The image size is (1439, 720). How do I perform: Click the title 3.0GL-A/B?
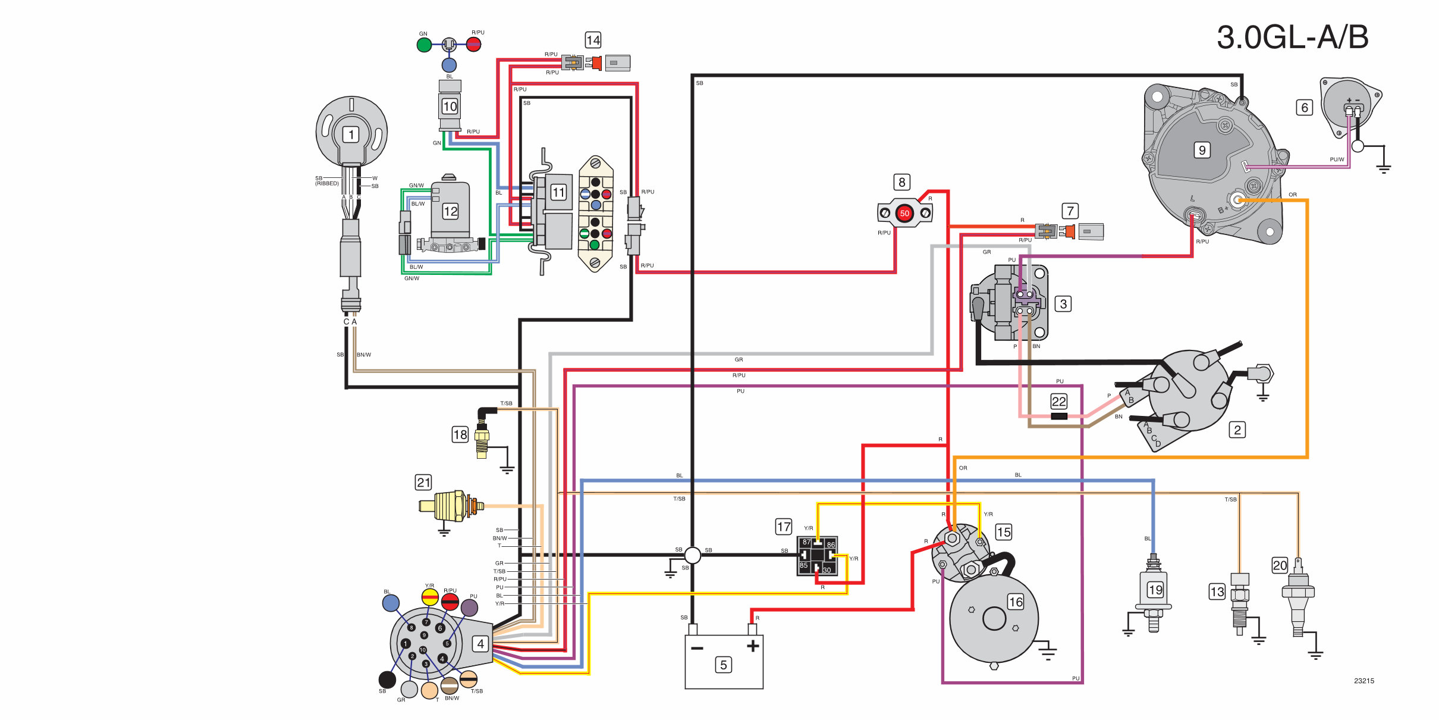(x=1292, y=37)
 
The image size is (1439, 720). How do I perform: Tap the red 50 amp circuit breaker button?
(x=904, y=213)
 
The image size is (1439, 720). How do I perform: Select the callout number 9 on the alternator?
(x=1202, y=150)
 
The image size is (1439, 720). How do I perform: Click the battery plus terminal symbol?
(x=753, y=646)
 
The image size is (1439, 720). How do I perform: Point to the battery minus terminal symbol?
(x=697, y=647)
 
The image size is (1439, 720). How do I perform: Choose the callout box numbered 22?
(x=1059, y=401)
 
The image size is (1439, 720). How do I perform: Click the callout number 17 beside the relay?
(x=784, y=527)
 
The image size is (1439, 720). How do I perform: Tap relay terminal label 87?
(x=806, y=542)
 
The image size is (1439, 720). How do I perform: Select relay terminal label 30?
(x=827, y=570)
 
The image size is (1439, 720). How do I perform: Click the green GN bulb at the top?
(x=424, y=45)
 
